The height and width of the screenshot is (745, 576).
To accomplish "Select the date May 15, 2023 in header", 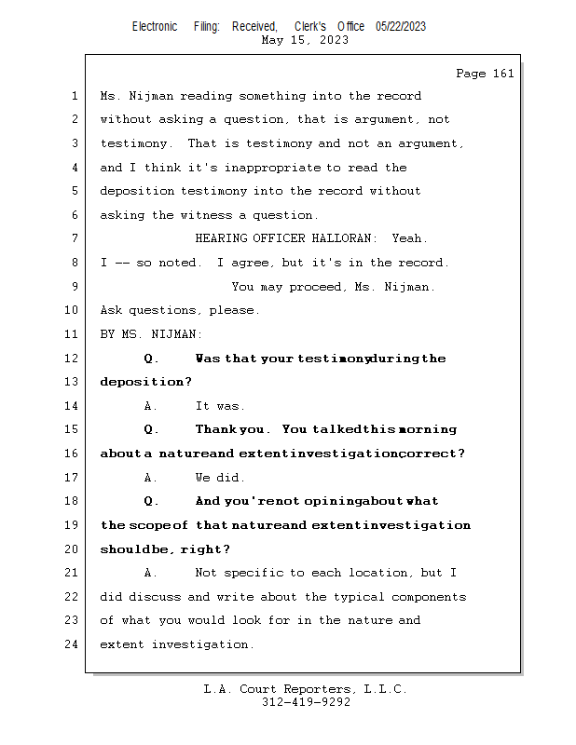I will [x=305, y=40].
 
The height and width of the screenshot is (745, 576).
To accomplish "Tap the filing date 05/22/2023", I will [x=401, y=27].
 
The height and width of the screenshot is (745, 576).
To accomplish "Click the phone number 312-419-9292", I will [x=306, y=702].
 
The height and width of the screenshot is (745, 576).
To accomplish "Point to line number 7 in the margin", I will [x=75, y=239].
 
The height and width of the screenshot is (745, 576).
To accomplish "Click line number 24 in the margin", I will [x=71, y=644].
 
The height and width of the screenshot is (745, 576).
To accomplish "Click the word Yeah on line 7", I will [x=409, y=239].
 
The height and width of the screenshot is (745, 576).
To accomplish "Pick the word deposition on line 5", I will [x=137, y=191].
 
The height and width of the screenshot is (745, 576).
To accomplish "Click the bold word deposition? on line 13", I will [x=145, y=382].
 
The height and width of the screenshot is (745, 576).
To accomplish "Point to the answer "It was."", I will [x=220, y=406].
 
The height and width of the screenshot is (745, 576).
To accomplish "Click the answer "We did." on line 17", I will [x=220, y=478].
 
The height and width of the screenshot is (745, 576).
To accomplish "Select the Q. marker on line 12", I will [x=152, y=359].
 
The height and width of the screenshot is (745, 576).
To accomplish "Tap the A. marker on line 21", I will [x=152, y=573].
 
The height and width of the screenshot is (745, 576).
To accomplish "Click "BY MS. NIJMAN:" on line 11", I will [x=151, y=334].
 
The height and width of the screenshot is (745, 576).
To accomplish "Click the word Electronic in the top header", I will [x=155, y=27].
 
